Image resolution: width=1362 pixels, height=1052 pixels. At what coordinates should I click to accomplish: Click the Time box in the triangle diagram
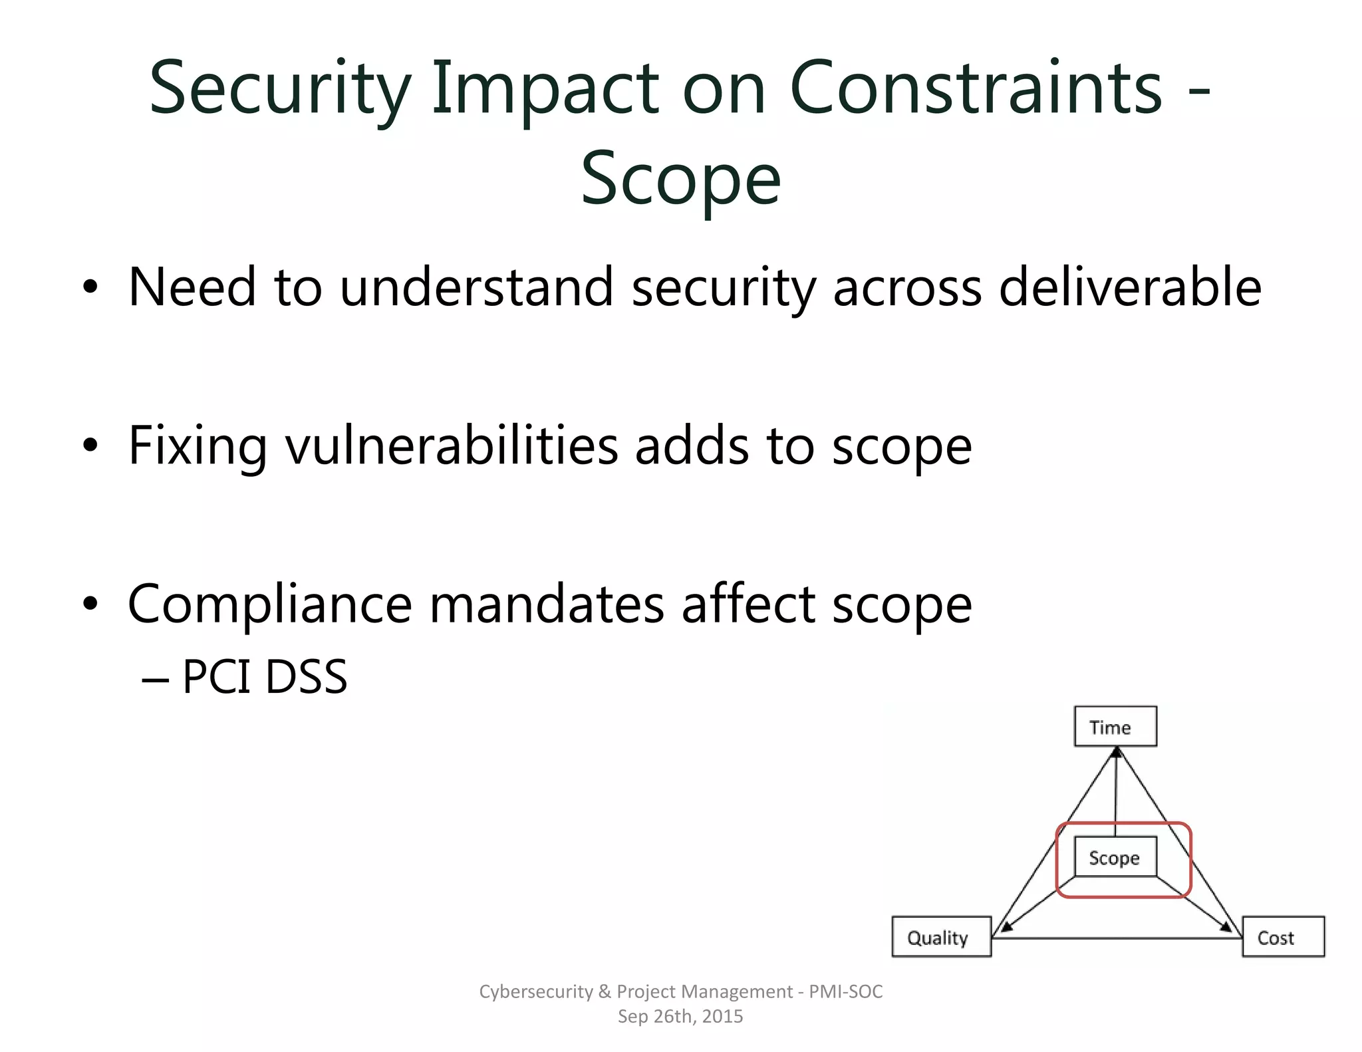click(1115, 726)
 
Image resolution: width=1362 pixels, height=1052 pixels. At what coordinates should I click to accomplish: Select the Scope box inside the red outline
click(1115, 857)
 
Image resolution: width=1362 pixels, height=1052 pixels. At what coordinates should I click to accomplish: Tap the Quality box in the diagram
click(941, 937)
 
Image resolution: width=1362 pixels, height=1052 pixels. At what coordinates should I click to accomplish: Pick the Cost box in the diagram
click(1283, 937)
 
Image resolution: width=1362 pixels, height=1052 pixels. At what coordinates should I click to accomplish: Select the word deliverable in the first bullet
click(1130, 287)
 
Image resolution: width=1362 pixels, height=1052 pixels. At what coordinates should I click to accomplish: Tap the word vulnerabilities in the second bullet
click(452, 446)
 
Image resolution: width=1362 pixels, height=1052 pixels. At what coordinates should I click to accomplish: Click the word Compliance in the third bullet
click(270, 605)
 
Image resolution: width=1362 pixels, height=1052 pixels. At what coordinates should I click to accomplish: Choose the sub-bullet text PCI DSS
click(264, 678)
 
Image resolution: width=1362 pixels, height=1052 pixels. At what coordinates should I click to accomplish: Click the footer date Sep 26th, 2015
click(680, 1016)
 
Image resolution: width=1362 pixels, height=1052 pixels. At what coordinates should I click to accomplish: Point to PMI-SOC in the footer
click(845, 991)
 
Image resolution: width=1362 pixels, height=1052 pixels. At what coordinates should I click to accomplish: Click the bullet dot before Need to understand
click(90, 287)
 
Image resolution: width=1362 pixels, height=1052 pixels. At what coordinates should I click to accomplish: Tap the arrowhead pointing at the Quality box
click(1006, 926)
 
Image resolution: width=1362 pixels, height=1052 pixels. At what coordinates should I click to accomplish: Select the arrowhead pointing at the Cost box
click(1226, 926)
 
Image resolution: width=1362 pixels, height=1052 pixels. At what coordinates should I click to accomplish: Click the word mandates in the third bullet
click(547, 604)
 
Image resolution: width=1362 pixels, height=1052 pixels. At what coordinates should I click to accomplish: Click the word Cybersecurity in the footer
click(535, 991)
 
